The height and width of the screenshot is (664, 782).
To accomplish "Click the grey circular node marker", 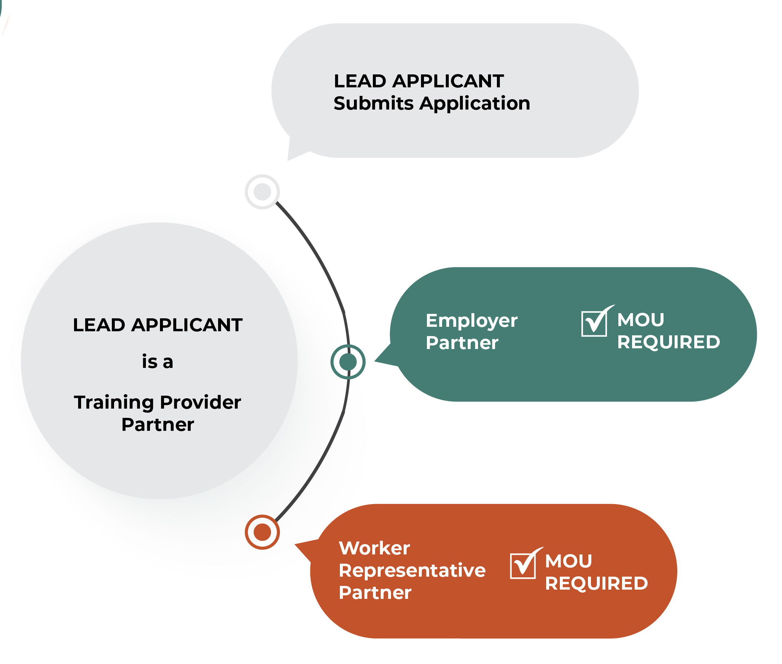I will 262,192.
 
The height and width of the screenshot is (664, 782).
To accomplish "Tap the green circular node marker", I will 348,362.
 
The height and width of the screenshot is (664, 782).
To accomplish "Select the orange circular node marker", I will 262,532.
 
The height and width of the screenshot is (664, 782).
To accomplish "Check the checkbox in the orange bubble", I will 522,566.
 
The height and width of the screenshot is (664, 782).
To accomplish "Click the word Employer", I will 471,321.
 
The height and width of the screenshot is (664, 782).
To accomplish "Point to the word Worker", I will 374,548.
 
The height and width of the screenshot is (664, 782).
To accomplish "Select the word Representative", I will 412,570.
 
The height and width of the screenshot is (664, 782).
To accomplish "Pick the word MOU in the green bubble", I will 641,320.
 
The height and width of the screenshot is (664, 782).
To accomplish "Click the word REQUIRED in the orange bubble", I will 596,583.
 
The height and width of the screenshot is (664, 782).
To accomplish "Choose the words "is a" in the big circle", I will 157,362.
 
